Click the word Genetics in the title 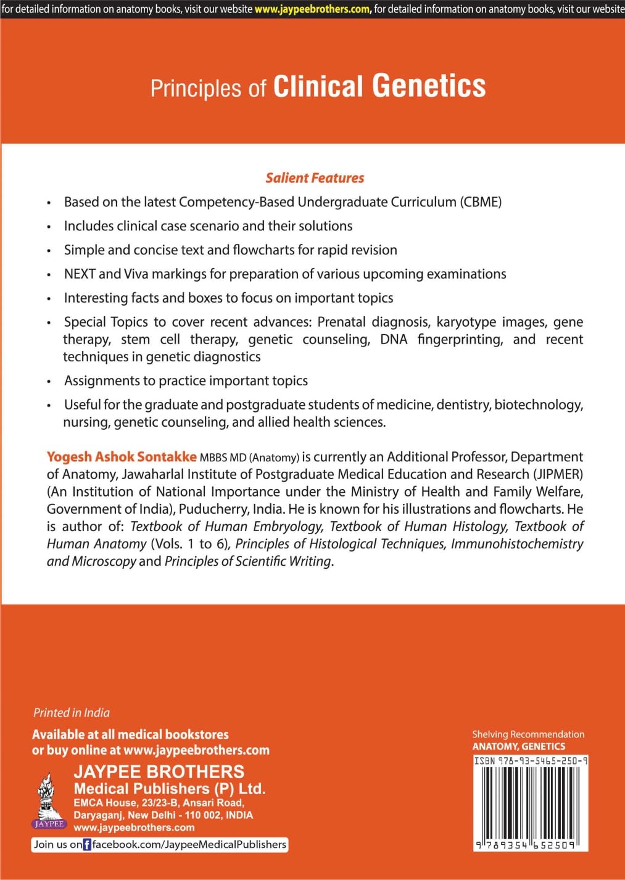(429, 86)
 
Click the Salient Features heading (315, 178)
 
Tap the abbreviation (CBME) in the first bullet (481, 202)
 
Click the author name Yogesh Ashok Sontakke (122, 457)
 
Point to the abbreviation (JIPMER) (558, 474)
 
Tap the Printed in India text (72, 713)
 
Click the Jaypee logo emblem (48, 800)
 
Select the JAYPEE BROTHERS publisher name (159, 771)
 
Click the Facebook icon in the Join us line (87, 845)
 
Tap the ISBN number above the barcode (531, 761)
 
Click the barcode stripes (531, 803)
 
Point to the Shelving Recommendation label (528, 734)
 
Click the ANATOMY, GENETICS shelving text (518, 746)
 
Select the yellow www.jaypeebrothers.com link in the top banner (313, 9)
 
